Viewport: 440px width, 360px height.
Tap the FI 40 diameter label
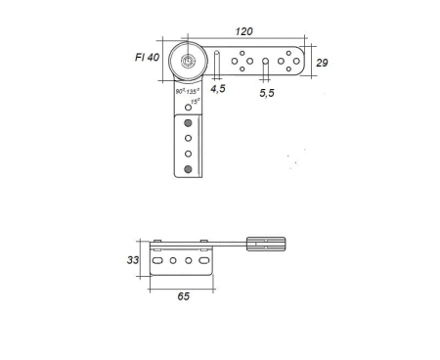147,58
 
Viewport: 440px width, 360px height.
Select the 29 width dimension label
321,62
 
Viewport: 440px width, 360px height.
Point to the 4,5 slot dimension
218,88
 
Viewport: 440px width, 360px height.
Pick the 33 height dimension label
133,261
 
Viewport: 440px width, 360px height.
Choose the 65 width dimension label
183,296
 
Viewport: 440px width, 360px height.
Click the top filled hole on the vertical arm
189,123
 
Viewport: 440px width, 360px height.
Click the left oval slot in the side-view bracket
157,261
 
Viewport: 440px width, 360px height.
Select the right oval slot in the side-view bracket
203,261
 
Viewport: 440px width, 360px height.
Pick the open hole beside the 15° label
189,106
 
